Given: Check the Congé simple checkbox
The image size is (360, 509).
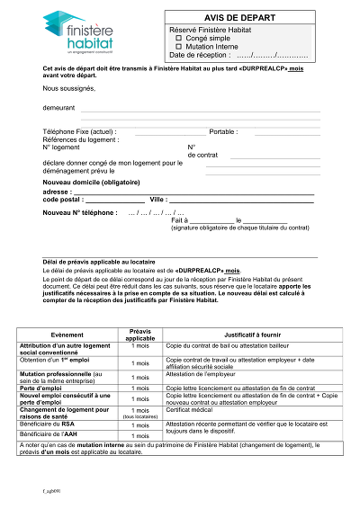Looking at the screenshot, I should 178,39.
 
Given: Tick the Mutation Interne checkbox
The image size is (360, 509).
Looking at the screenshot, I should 178,47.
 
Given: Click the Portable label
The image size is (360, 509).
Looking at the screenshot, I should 223,131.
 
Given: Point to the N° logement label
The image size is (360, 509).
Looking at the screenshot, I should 63,147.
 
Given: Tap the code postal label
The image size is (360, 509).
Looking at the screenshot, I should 63,199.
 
